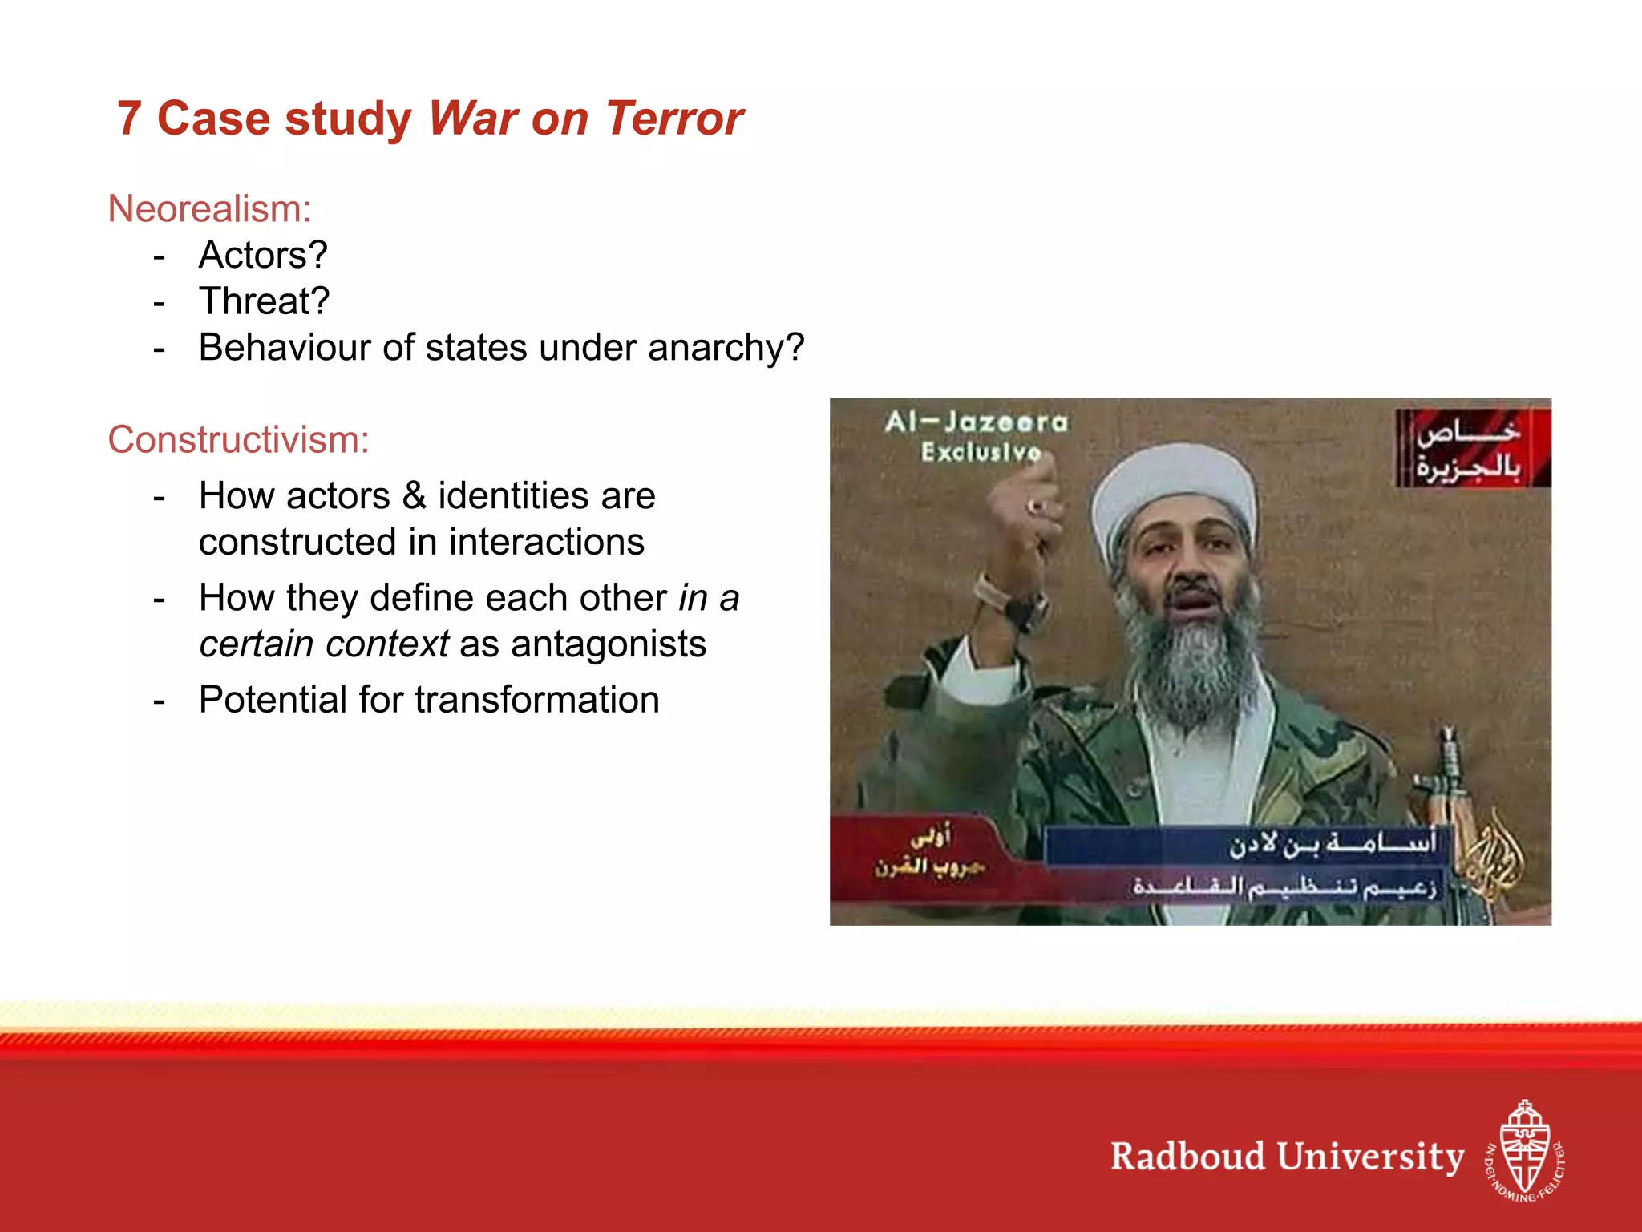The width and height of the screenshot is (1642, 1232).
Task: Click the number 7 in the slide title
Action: pyautogui.click(x=129, y=119)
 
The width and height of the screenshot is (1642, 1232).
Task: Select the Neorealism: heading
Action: pyautogui.click(x=209, y=209)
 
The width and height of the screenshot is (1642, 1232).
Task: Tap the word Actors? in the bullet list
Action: pyautogui.click(x=263, y=255)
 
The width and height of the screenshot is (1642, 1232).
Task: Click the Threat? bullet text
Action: pyautogui.click(x=264, y=301)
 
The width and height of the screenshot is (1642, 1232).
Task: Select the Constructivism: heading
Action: pyautogui.click(x=238, y=440)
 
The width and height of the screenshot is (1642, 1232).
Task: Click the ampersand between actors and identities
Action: pyautogui.click(x=414, y=495)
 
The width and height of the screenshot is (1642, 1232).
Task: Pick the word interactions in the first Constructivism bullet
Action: pyautogui.click(x=546, y=542)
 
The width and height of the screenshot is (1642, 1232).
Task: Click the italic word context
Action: pyautogui.click(x=386, y=644)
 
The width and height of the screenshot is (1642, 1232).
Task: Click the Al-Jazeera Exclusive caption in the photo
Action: pyautogui.click(x=977, y=436)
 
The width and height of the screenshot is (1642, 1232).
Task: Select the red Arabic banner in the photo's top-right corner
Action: pyautogui.click(x=1472, y=448)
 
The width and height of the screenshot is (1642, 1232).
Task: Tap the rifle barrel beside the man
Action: pyautogui.click(x=1448, y=761)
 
